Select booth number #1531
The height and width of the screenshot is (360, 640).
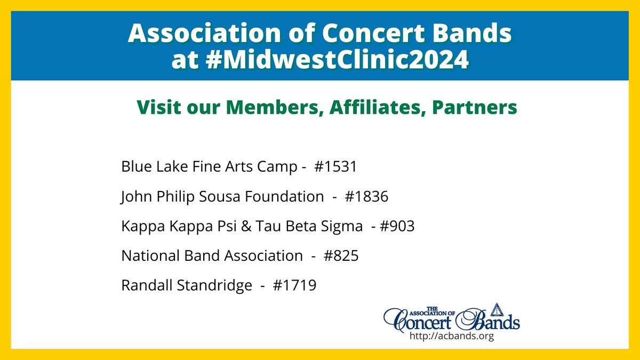[334, 167]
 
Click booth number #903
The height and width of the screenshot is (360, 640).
[395, 227]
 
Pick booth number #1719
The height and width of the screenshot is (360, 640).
[294, 286]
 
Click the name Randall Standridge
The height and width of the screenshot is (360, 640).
[187, 286]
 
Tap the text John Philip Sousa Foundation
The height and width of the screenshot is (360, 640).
[219, 197]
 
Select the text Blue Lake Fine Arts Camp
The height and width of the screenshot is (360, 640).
[208, 167]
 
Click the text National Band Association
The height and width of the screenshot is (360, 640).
[212, 256]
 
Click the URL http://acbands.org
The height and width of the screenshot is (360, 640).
[451, 337]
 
